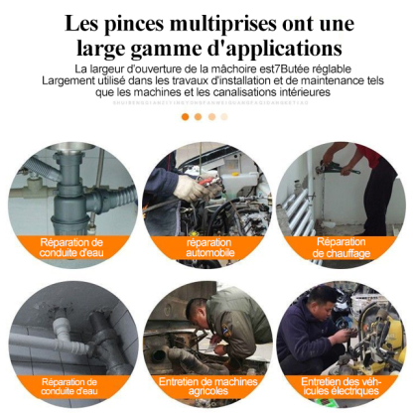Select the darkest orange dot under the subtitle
coord(185,116)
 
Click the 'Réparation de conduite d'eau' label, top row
coord(71,247)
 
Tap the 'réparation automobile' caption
coord(209,247)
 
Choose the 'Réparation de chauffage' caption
coord(342,247)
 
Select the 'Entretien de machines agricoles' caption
coord(206,386)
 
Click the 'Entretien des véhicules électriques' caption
coord(341,386)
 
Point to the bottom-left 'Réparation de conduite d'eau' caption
coord(71,386)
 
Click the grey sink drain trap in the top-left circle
coord(69,194)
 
